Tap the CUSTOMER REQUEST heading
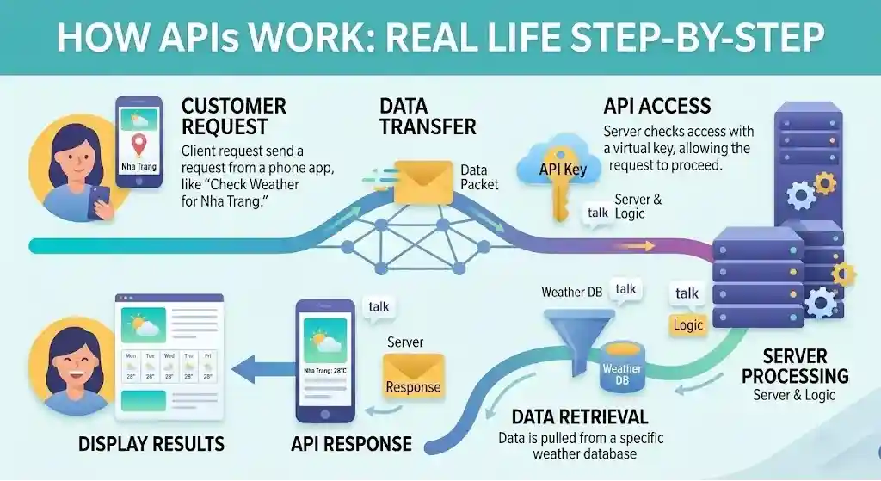pos(233,117)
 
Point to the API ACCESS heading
pos(657,107)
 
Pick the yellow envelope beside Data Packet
pos(422,182)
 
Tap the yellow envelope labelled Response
pos(413,379)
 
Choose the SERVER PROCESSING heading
pos(795,366)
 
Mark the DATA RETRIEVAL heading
pos(579,417)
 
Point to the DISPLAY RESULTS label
pos(151,444)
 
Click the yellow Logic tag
pos(688,325)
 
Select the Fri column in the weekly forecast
pos(207,365)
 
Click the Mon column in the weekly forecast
pos(131,365)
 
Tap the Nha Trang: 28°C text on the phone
pos(324,371)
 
